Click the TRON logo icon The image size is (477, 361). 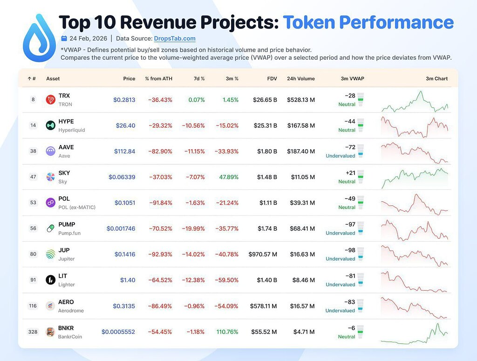coord(51,99)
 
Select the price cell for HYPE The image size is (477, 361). coord(125,125)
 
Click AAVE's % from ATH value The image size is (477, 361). coord(160,151)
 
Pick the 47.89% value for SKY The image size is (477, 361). coord(227,177)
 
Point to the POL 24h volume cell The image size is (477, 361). coord(301,202)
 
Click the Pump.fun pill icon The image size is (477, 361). coord(51,228)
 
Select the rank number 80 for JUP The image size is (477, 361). coord(33,254)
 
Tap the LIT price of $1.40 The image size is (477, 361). coord(128,280)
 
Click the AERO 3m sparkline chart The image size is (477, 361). coord(415,306)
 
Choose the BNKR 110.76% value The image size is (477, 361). coord(227,332)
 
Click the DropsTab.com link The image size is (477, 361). coord(175,39)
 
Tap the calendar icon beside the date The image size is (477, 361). coord(64,38)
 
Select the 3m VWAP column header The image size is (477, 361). coord(352,79)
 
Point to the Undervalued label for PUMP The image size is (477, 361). coord(340,233)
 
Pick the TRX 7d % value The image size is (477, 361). coord(196,100)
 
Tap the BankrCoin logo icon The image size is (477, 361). coord(51,332)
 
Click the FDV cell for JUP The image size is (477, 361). coord(263,254)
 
